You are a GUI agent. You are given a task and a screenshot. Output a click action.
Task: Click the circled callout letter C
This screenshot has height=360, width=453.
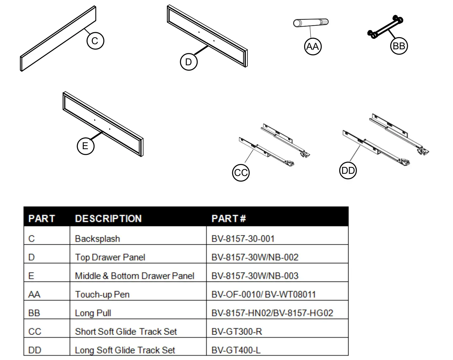click(x=95, y=41)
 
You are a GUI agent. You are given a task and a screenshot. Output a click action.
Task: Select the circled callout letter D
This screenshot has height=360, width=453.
click(x=189, y=62)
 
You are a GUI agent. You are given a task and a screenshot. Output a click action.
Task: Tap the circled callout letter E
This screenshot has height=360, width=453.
click(x=85, y=146)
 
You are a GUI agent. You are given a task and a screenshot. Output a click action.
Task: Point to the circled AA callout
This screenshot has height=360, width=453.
click(x=313, y=47)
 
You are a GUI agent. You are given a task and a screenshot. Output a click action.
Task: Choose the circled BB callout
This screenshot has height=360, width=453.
click(x=399, y=46)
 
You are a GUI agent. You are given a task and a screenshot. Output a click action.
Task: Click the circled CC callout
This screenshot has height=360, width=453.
click(x=241, y=173)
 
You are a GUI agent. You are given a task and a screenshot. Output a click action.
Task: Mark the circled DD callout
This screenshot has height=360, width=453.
click(x=348, y=171)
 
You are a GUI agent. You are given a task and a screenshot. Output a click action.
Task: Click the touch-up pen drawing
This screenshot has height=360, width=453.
click(x=311, y=23)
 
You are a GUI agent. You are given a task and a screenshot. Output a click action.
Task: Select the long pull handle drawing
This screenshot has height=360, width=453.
click(x=385, y=27)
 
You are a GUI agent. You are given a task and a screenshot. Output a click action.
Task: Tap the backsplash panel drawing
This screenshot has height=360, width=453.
click(x=58, y=38)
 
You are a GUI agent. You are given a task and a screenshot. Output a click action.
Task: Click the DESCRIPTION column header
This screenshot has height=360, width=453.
click(x=108, y=219)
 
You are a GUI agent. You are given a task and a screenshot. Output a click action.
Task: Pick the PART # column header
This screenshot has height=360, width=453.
click(x=229, y=219)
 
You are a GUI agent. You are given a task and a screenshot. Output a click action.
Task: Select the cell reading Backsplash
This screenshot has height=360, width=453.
click(x=97, y=239)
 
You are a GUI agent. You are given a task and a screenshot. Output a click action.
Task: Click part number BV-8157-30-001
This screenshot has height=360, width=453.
click(x=243, y=239)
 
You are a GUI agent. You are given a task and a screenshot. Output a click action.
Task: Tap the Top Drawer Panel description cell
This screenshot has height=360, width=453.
click(x=110, y=257)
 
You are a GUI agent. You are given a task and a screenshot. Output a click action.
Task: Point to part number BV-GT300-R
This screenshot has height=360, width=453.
click(x=237, y=331)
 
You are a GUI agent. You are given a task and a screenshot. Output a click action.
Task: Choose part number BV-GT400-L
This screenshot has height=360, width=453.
click(x=236, y=350)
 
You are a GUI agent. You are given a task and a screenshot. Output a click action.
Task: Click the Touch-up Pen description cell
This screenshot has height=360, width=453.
click(x=102, y=294)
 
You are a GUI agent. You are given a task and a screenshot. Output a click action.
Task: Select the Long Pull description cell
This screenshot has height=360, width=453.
click(x=93, y=313)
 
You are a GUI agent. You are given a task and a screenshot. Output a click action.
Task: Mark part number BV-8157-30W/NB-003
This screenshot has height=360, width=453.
click(x=255, y=276)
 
